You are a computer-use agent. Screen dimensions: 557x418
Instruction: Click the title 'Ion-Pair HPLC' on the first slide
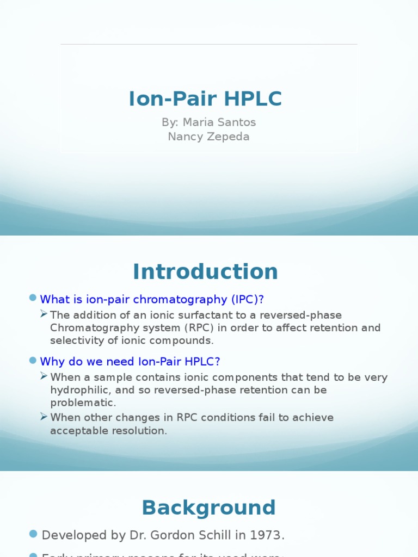click(205, 99)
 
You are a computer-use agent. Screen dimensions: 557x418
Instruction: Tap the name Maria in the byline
click(201, 122)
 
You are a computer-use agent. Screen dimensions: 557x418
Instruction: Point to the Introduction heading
click(205, 271)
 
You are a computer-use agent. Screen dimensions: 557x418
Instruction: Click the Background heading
click(208, 508)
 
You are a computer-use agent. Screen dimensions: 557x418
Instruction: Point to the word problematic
click(83, 403)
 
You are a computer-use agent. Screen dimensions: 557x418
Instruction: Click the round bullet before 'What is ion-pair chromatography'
click(33, 298)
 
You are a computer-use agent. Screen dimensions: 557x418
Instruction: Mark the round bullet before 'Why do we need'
click(33, 361)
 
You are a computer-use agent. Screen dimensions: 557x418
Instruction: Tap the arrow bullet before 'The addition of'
click(44, 314)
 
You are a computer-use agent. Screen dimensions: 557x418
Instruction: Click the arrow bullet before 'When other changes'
click(44, 417)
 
